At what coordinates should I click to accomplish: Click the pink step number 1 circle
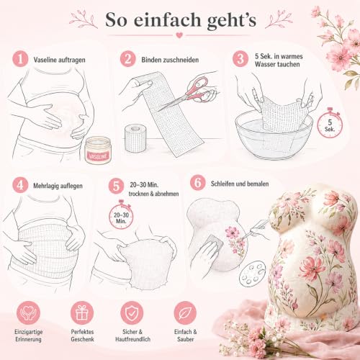click(20, 59)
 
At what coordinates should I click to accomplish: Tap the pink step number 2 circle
click(128, 59)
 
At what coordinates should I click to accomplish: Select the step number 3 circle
click(240, 59)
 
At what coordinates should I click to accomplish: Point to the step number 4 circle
click(20, 185)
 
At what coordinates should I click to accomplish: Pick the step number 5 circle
click(116, 186)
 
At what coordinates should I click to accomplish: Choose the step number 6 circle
click(198, 182)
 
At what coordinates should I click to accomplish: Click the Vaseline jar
click(98, 150)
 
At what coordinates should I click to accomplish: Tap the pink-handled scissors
click(186, 93)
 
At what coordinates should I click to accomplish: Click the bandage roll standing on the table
click(135, 138)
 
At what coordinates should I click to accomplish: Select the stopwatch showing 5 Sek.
click(330, 124)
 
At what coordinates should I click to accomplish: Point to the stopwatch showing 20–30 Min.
click(121, 215)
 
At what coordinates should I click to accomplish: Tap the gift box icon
click(82, 313)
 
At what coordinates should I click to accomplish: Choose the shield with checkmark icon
click(132, 313)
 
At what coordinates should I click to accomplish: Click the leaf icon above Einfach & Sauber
click(185, 313)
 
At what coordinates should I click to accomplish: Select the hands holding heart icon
click(28, 313)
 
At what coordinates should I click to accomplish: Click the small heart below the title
click(179, 35)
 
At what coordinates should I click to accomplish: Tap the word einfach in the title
click(167, 20)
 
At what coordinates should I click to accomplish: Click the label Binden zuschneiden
click(170, 60)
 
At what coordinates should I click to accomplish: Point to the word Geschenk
click(82, 339)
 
